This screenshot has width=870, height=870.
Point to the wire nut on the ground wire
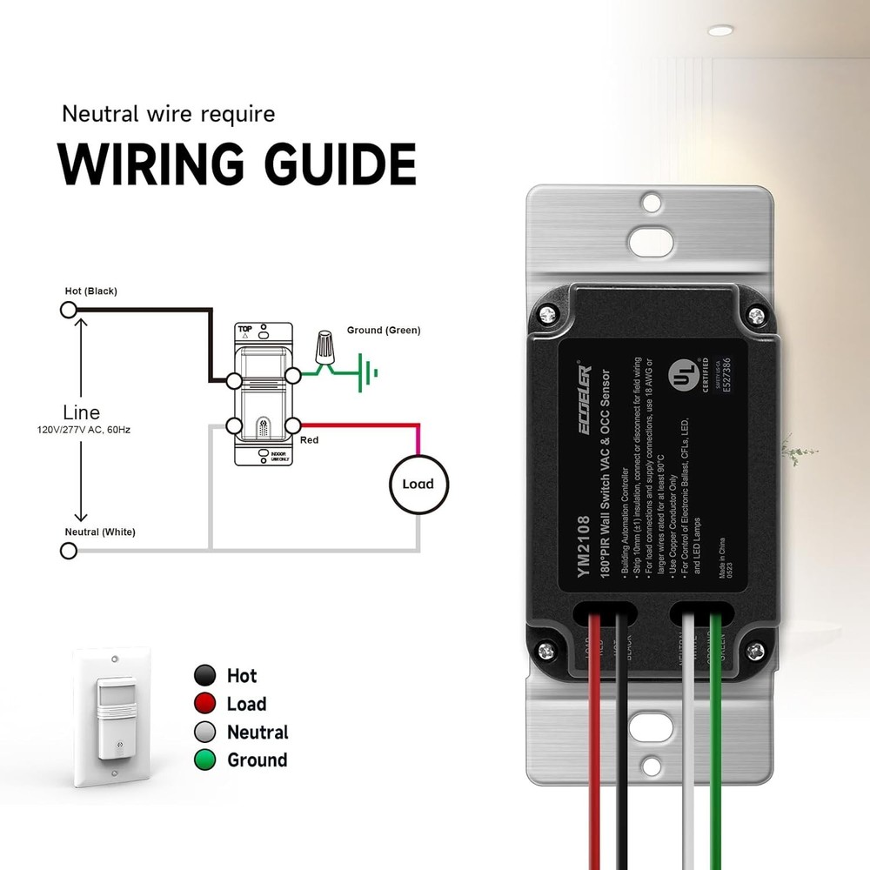pos(327,346)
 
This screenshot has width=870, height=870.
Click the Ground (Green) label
pos(383,331)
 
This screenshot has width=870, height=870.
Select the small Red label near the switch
pos(309,440)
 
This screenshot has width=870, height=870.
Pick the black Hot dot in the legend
pos(205,675)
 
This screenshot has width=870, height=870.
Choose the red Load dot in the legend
pos(205,704)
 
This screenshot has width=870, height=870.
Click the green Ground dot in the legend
pos(205,760)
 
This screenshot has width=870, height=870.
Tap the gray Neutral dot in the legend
pos(205,732)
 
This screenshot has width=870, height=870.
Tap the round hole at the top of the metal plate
pos(650,203)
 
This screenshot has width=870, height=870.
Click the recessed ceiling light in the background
pos(719,30)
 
